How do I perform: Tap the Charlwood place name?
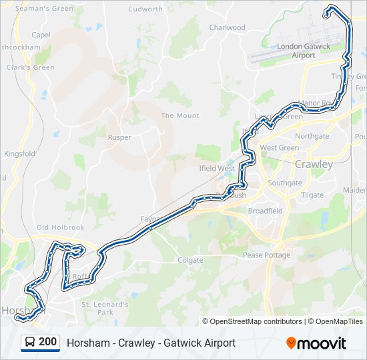coord(228,28)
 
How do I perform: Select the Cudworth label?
coord(145,9)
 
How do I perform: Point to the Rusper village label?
coord(119,137)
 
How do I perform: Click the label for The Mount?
coord(179,115)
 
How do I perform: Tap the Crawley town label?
coord(314,164)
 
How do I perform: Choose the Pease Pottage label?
coord(266,255)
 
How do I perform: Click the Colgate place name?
coord(190,260)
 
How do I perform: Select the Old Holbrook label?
coord(60,228)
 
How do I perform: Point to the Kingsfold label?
coord(19,153)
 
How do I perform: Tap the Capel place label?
coord(41,35)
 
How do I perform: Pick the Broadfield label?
coord(265,211)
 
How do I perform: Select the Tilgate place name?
coord(312,195)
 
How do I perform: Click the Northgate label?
coord(312,136)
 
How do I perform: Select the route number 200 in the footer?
coord(47,342)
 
